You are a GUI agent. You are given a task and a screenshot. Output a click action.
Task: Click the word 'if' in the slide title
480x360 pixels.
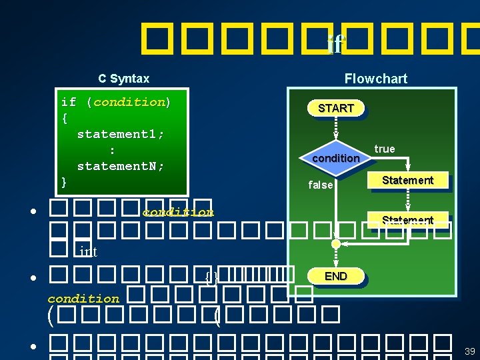[336, 44]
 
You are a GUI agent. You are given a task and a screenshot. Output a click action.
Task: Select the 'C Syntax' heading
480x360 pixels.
[124, 79]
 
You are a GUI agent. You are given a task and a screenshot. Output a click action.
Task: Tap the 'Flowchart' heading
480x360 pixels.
[375, 79]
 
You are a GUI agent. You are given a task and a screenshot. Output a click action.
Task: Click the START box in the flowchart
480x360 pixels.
[335, 108]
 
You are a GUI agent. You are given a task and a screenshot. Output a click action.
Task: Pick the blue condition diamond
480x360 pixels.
[335, 158]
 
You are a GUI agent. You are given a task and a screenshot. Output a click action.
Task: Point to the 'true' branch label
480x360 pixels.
[385, 149]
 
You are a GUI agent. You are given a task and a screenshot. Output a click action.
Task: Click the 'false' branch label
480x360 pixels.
[320, 185]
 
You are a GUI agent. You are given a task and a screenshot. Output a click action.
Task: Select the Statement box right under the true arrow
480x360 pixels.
[407, 181]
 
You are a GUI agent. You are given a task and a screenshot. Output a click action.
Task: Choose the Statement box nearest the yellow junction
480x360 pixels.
[407, 221]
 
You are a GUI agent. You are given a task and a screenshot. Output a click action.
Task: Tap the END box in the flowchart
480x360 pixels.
[335, 276]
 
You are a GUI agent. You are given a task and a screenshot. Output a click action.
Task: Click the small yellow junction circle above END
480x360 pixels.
[336, 245]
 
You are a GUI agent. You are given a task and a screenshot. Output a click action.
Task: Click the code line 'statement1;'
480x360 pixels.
[121, 134]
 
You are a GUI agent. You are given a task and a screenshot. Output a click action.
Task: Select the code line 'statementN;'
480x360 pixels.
[121, 165]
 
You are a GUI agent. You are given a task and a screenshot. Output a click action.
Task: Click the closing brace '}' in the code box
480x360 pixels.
[64, 181]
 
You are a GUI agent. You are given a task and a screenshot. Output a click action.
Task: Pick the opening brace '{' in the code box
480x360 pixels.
[64, 118]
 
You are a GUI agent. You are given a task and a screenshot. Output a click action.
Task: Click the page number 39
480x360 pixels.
[469, 351]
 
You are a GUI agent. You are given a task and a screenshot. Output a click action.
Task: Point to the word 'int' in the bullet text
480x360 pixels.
[88, 251]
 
